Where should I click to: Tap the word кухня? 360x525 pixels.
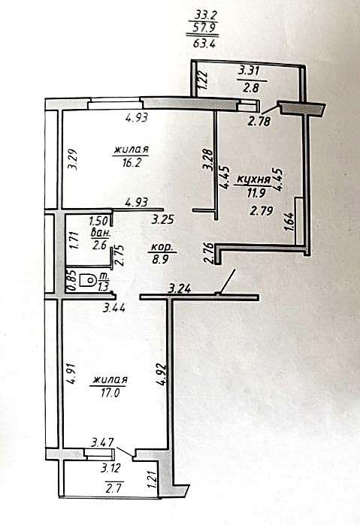(254, 180)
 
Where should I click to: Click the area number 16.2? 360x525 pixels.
(131, 163)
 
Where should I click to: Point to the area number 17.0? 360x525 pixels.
(110, 392)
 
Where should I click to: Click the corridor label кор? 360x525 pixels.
(162, 248)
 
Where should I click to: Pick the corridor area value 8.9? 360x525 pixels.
(160, 260)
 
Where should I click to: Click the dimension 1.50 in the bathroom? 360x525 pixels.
(98, 222)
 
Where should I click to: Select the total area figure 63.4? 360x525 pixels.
(204, 44)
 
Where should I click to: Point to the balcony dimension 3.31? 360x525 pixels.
(249, 71)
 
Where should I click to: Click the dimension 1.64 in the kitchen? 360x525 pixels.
(289, 222)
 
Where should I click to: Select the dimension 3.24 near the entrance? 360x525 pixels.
(180, 288)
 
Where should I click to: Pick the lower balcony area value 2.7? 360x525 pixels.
(113, 488)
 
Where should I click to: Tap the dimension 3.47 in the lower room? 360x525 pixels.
(102, 442)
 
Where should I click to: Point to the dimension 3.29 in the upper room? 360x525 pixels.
(74, 159)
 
